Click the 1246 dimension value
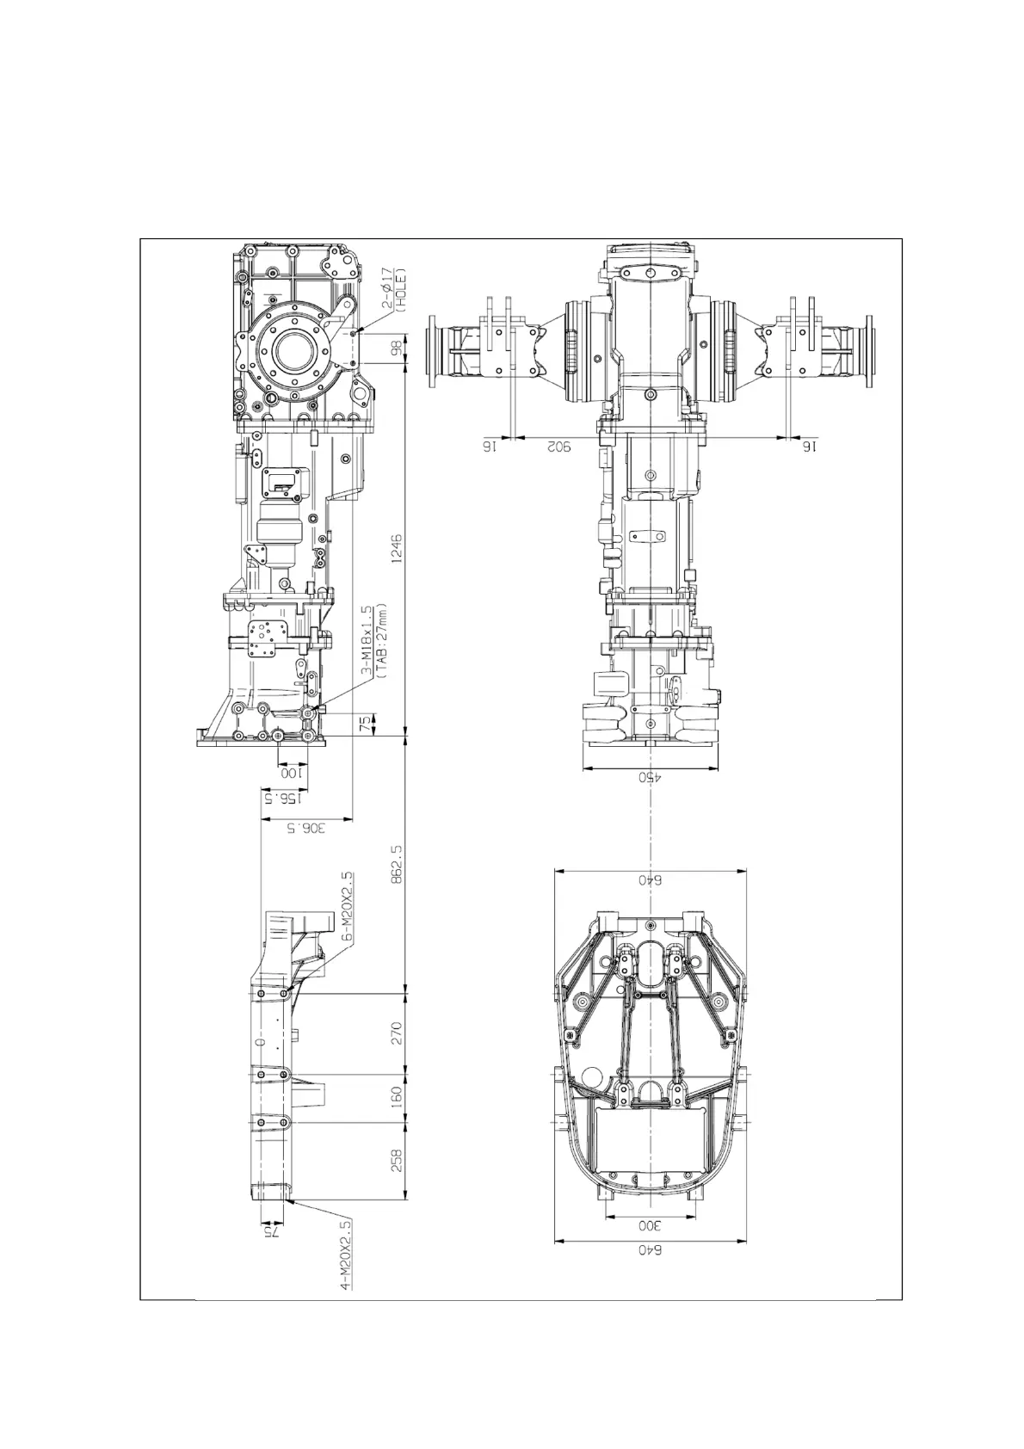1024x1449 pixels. tap(397, 551)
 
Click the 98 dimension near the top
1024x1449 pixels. tap(397, 348)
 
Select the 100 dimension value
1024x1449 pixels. tap(293, 773)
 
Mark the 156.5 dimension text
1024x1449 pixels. tap(279, 798)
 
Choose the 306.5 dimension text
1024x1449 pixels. tap(306, 829)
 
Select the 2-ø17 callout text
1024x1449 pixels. tap(388, 289)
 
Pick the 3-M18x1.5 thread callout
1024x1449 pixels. tap(367, 641)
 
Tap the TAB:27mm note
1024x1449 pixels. tap(382, 641)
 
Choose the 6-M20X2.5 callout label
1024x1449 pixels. tap(346, 909)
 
